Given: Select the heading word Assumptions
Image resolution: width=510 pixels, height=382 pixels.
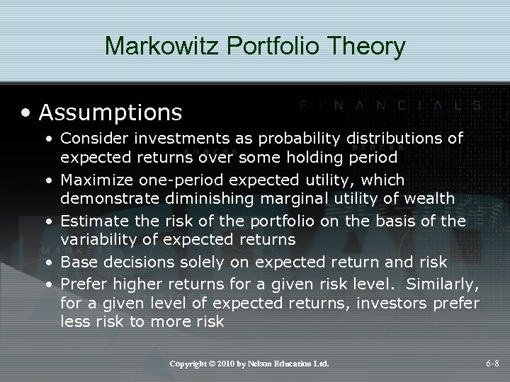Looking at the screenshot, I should [x=110, y=111].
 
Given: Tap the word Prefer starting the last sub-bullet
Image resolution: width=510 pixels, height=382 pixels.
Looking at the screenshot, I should [x=83, y=284].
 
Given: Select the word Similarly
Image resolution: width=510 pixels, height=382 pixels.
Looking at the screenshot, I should [x=444, y=284].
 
